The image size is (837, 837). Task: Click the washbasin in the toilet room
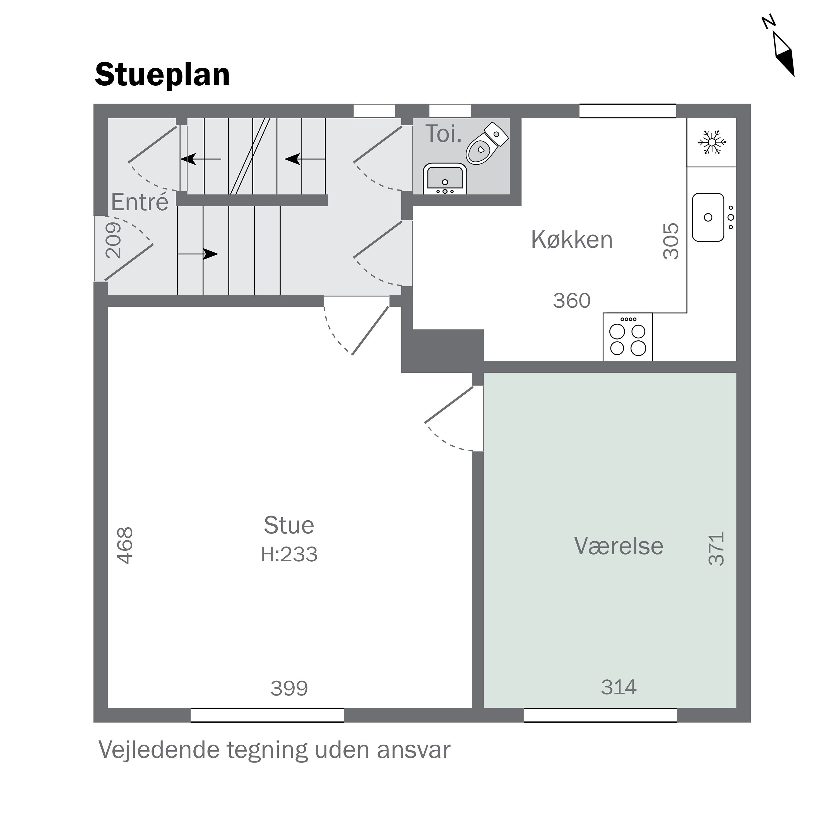pyautogui.click(x=444, y=179)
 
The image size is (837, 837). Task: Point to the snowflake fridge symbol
pyautogui.click(x=711, y=142)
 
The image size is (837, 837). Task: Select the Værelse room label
pyautogui.click(x=619, y=546)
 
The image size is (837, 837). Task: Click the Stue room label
pyautogui.click(x=289, y=526)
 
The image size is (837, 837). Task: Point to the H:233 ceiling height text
pyautogui.click(x=289, y=555)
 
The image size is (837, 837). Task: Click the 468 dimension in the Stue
pyautogui.click(x=125, y=545)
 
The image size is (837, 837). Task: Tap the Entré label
pyautogui.click(x=139, y=202)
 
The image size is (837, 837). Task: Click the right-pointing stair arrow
pyautogui.click(x=198, y=254)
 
